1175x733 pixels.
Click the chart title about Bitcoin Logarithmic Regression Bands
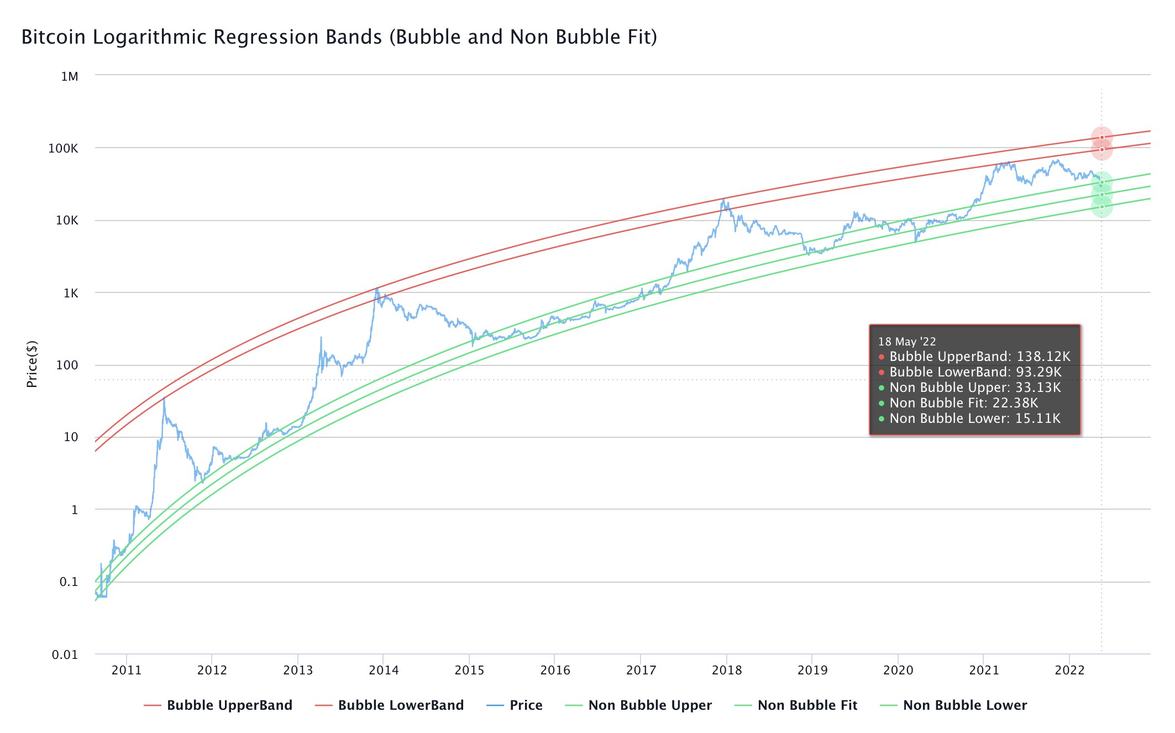coord(339,37)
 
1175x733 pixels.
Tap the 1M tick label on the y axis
coord(70,77)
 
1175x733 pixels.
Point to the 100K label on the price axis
coord(63,148)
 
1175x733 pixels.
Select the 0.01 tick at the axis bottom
coord(65,655)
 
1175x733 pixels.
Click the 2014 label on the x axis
coord(384,671)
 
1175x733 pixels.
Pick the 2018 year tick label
coord(727,671)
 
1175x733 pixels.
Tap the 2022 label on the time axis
coord(1070,671)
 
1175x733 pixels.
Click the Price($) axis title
coord(32,364)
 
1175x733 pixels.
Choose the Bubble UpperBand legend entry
coord(229,705)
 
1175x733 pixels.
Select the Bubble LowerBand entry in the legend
coord(400,705)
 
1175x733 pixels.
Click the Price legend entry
coord(526,705)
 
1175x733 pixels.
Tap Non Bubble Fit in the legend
coord(807,705)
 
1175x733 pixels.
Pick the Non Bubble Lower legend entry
coord(964,705)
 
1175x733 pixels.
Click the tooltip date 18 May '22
coord(907,342)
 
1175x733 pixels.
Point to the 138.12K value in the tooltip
coord(1043,357)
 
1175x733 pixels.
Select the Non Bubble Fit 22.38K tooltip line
coord(963,403)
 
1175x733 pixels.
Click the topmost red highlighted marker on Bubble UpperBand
coord(1101,138)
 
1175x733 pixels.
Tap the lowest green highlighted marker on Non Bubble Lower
coord(1101,207)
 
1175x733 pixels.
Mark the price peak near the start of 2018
coord(723,200)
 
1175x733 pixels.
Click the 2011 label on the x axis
coord(127,671)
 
